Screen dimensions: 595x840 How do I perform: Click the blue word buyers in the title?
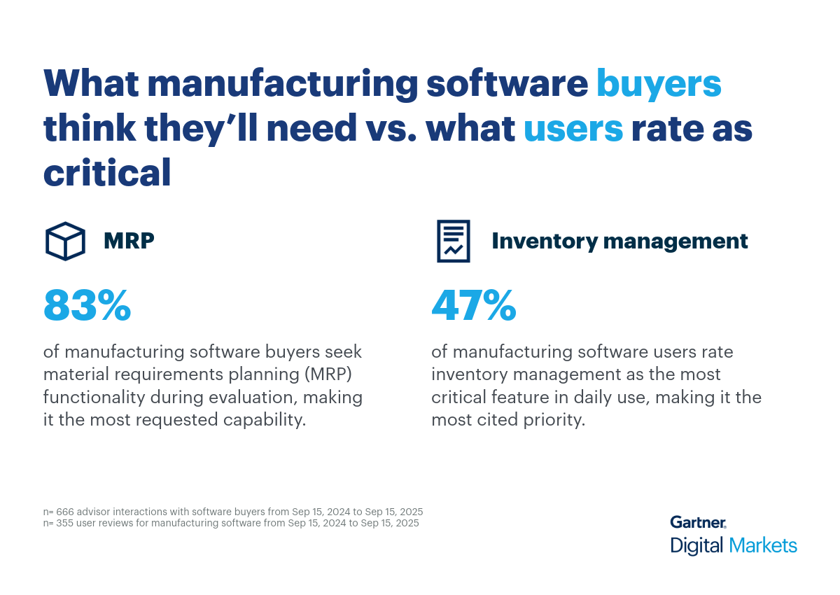pyautogui.click(x=658, y=84)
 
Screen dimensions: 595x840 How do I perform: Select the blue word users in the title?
pyautogui.click(x=573, y=129)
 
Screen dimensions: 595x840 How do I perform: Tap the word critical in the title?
pyautogui.click(x=107, y=172)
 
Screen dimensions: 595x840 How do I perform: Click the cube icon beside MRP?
pyautogui.click(x=65, y=241)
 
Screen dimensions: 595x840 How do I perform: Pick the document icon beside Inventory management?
pyautogui.click(x=454, y=241)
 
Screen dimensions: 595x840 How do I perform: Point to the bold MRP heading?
pyautogui.click(x=129, y=241)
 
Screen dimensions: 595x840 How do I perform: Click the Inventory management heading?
pyautogui.click(x=619, y=241)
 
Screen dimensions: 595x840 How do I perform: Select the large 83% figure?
pyautogui.click(x=87, y=305)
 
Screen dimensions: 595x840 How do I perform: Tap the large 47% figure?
pyautogui.click(x=474, y=305)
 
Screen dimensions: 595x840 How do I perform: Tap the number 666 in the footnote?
pyautogui.click(x=64, y=512)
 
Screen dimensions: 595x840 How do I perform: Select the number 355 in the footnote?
pyautogui.click(x=64, y=523)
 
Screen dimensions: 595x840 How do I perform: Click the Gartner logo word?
pyautogui.click(x=698, y=522)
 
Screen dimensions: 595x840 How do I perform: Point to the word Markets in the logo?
pyautogui.click(x=762, y=545)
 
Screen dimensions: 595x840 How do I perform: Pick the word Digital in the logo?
pyautogui.click(x=696, y=545)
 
